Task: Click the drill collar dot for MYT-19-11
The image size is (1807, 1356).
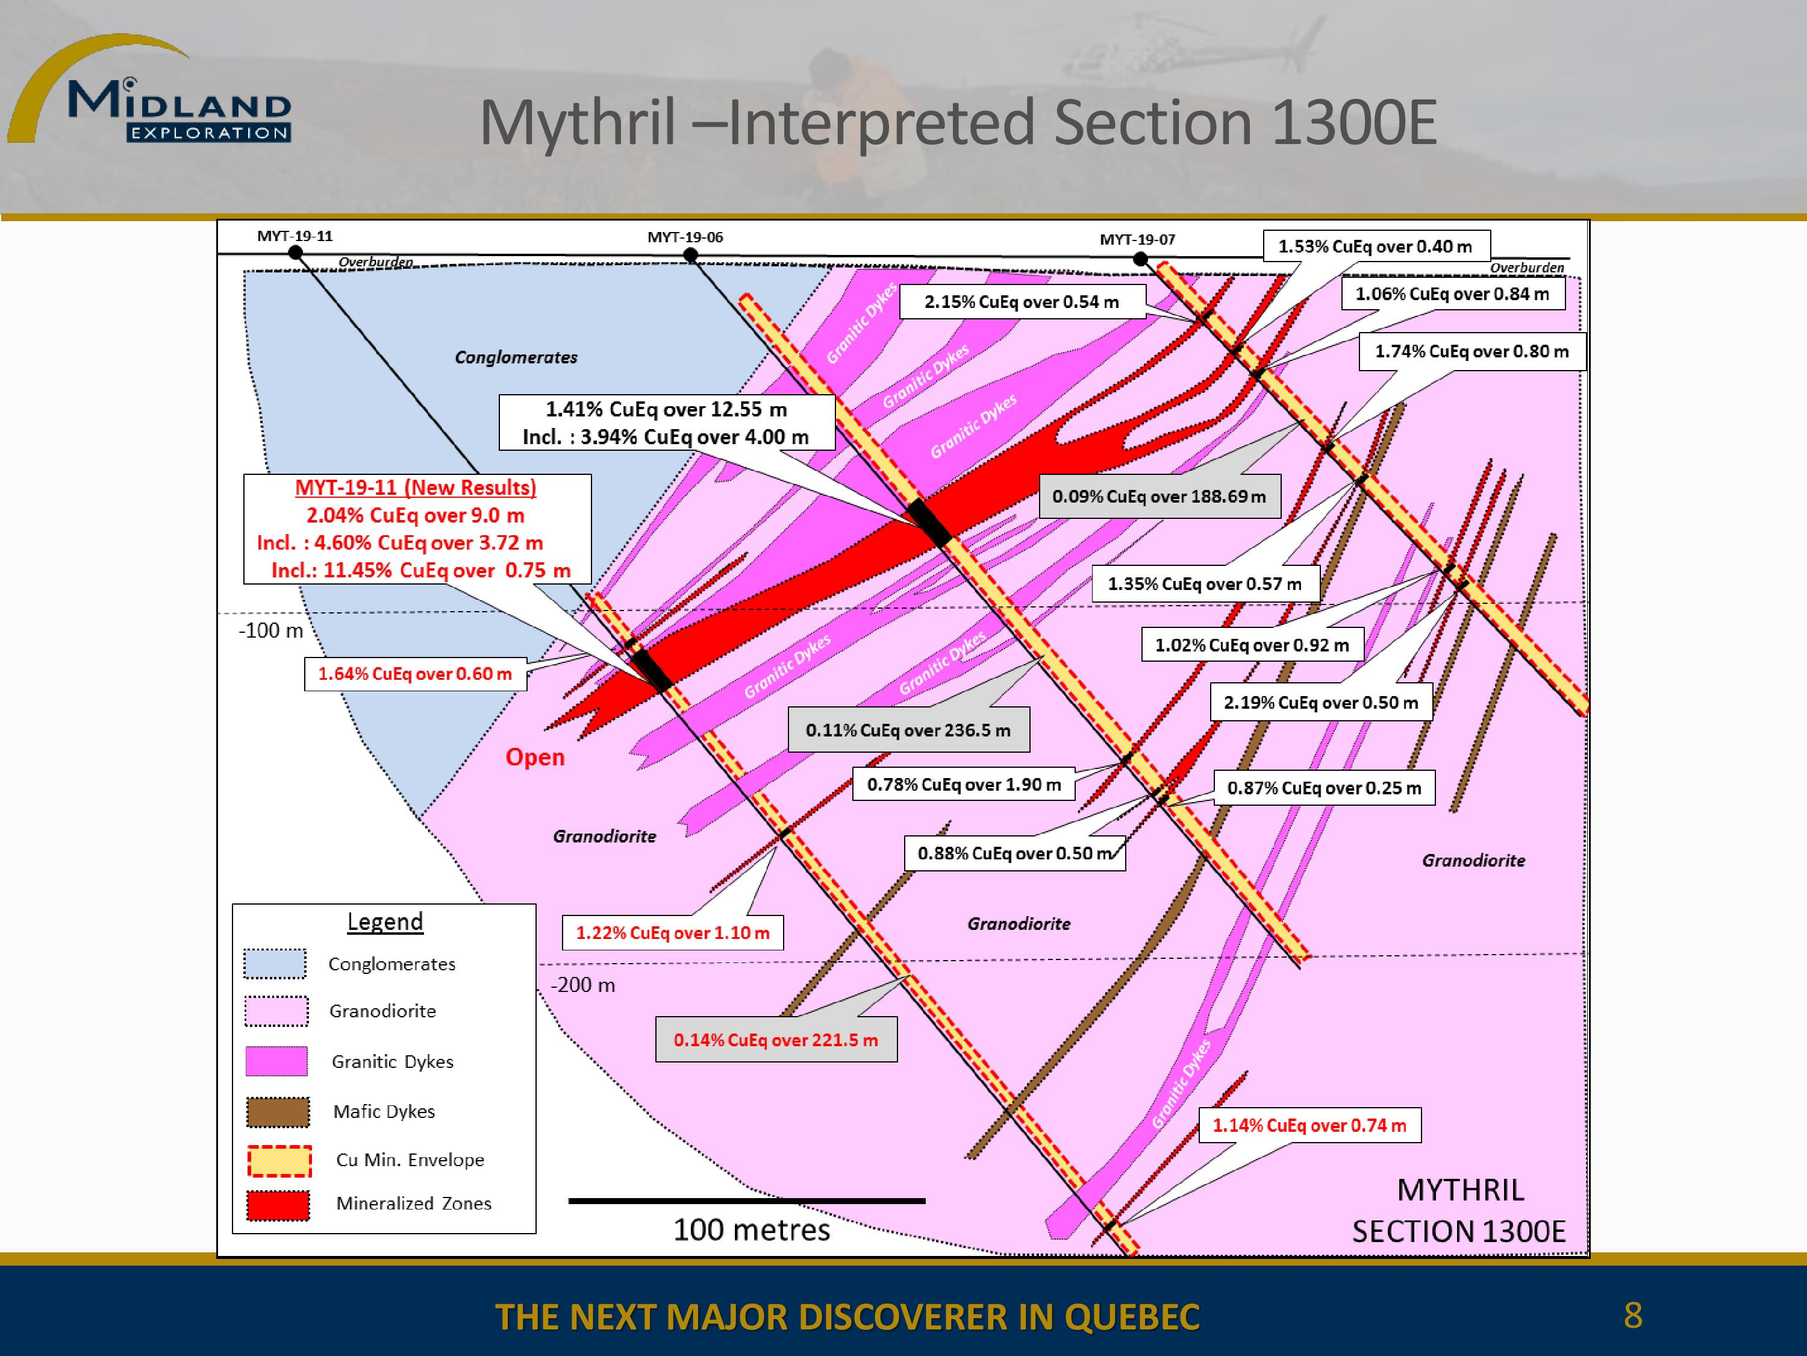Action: pos(296,253)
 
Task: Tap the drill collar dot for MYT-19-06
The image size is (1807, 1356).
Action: pos(690,255)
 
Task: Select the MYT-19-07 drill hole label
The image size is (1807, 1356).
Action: pos(1137,239)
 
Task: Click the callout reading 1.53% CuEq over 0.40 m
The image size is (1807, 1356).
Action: pos(1376,246)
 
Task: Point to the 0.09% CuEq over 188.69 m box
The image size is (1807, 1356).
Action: pos(1159,496)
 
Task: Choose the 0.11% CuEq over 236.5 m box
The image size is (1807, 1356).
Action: pos(908,730)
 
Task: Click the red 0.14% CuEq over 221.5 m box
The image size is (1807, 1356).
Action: pos(776,1040)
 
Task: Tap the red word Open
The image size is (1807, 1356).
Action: pos(535,757)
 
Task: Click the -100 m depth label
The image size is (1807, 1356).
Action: pos(271,630)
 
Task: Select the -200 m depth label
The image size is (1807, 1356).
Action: pos(582,985)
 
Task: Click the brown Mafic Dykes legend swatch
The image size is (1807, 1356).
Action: pos(278,1111)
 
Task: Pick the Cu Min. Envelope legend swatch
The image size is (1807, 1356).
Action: pos(279,1161)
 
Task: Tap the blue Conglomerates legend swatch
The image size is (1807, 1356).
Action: pos(275,964)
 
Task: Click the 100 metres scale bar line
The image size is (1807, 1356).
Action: pos(747,1201)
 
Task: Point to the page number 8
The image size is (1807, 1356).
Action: pos(1633,1315)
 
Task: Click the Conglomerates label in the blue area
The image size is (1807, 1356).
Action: pos(516,357)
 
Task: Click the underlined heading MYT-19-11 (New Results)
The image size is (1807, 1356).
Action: pos(416,488)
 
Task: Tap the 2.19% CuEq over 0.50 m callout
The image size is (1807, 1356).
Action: pos(1321,702)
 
